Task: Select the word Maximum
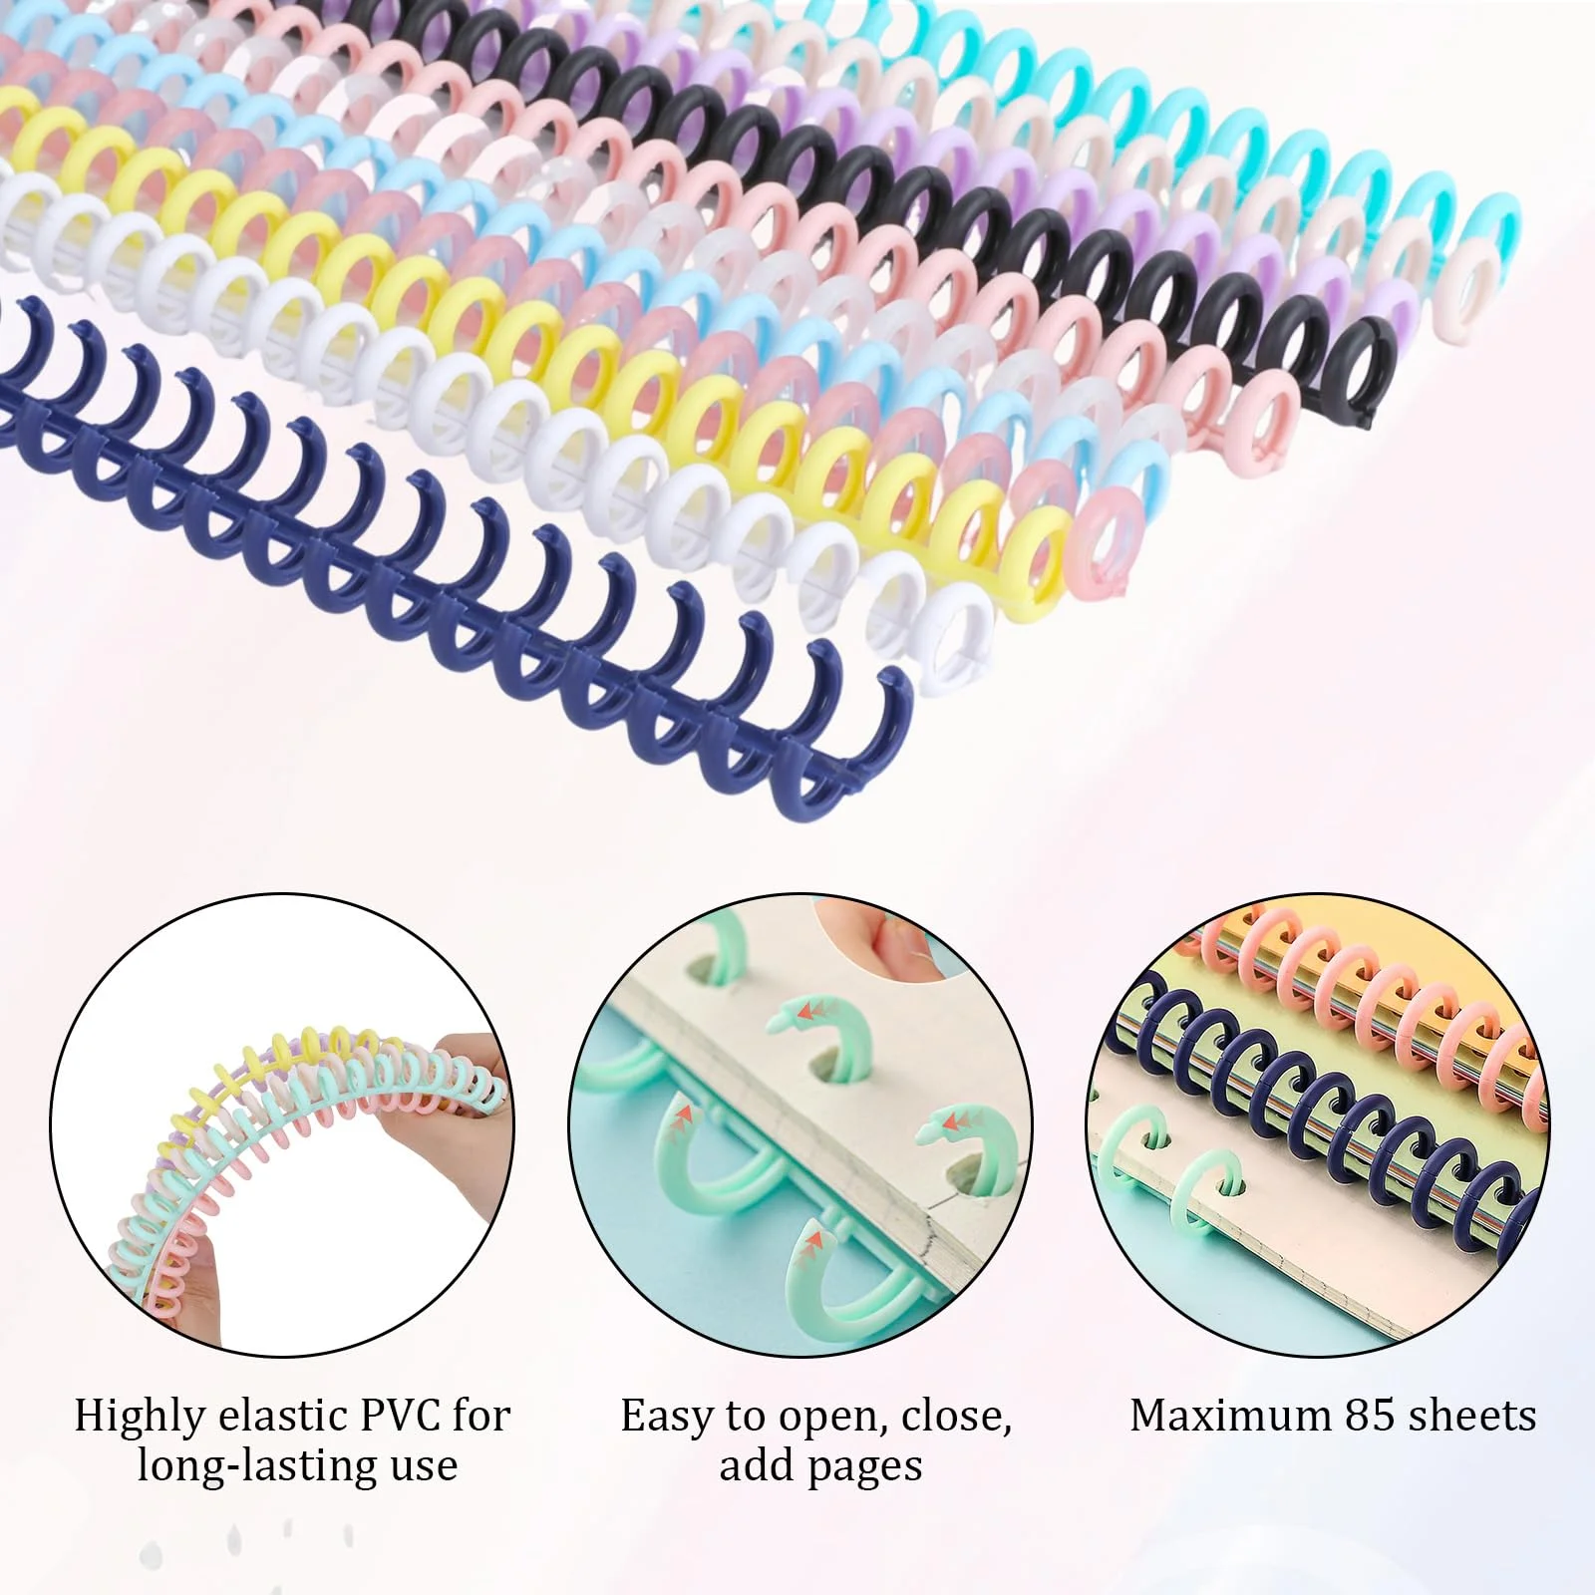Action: [x=1227, y=1416]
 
